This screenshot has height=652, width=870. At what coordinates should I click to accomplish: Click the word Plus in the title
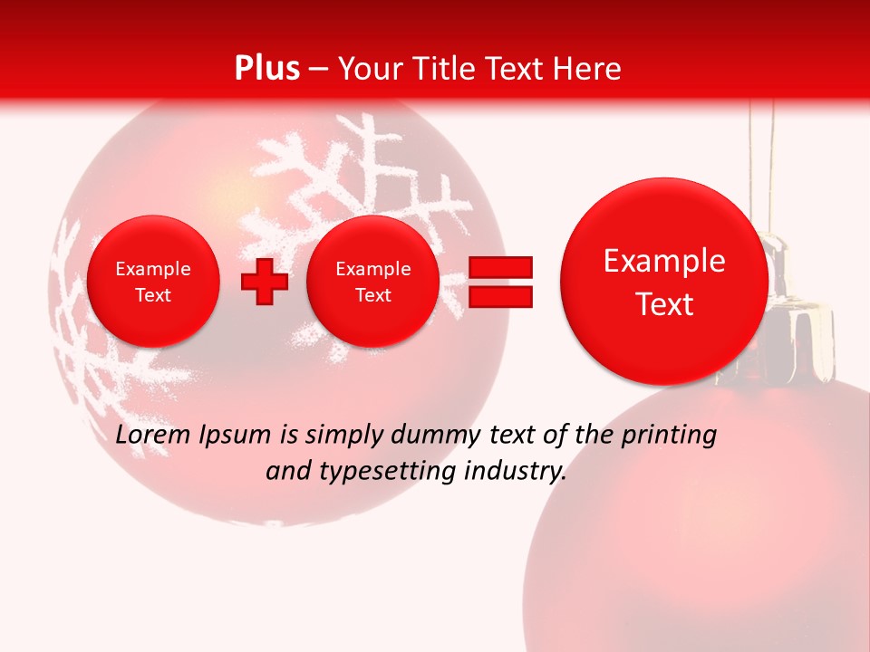266,69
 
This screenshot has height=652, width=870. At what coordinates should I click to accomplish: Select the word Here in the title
587,69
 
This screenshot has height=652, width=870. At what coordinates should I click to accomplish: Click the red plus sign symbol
264,282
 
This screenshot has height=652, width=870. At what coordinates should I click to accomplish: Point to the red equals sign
500,282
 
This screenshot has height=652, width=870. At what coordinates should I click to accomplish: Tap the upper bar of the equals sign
500,267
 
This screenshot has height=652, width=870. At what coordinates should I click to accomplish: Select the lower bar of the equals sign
500,296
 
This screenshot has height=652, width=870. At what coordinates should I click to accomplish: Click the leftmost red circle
153,282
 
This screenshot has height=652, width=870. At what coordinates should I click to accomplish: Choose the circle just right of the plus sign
372,282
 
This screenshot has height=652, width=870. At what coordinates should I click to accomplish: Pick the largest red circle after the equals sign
664,282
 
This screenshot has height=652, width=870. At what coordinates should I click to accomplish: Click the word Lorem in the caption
150,436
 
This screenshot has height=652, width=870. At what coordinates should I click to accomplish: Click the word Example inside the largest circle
664,261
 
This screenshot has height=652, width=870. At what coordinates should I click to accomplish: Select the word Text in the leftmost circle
153,295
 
